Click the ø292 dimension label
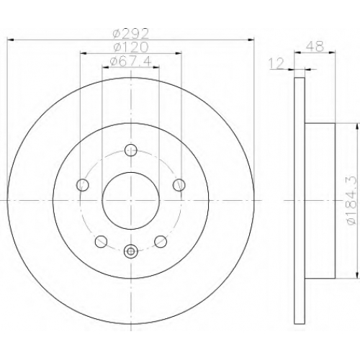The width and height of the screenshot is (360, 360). pos(131,34)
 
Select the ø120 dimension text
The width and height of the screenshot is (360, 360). pos(131,48)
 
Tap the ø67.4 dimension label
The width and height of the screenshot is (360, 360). pos(131,61)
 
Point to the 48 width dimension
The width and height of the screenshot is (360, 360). pos(315,46)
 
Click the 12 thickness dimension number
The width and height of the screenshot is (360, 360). pos(276,63)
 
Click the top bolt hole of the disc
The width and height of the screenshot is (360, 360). pos(131,150)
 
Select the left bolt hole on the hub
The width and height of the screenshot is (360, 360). pos(83,185)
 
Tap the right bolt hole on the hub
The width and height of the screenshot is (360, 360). pos(179,185)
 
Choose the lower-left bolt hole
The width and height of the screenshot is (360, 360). pos(102,241)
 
